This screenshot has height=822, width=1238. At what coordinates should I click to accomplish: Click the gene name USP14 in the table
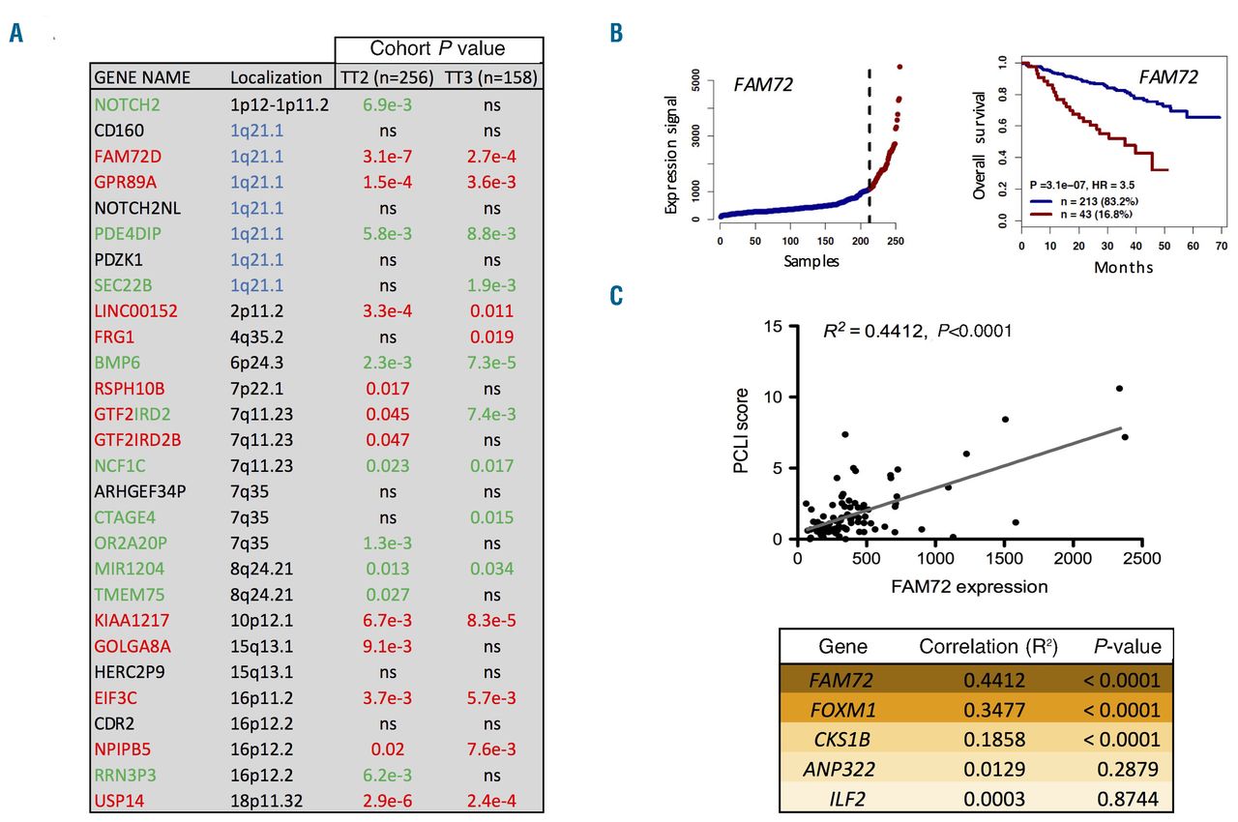pos(120,800)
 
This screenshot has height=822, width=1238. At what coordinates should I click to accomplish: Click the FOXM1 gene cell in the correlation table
pos(842,710)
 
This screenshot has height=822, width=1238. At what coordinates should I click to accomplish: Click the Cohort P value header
pos(439,49)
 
